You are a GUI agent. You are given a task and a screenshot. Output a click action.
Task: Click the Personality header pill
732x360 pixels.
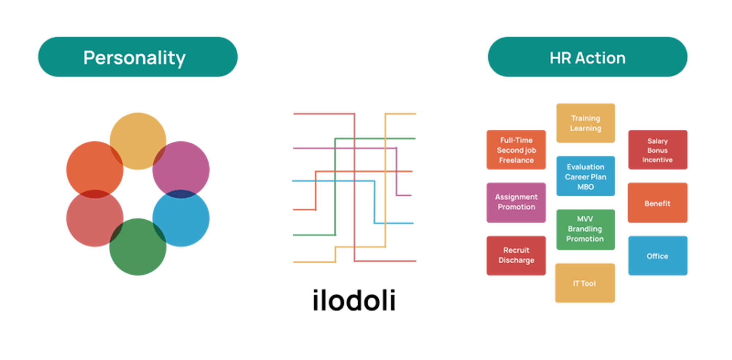click(x=138, y=57)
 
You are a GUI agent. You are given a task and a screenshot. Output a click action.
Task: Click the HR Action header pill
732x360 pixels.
click(x=587, y=57)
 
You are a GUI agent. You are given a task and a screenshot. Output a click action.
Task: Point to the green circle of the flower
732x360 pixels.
click(x=138, y=249)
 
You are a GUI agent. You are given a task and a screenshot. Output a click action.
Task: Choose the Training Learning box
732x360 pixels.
click(x=586, y=123)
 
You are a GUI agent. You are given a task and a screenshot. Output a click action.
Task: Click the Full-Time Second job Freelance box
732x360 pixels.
click(x=516, y=150)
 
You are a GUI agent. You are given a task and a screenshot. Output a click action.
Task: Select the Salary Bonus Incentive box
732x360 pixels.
click(x=658, y=150)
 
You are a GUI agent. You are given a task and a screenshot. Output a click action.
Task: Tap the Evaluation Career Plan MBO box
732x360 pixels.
click(x=586, y=177)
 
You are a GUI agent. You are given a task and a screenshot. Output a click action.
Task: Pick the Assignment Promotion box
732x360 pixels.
click(x=516, y=202)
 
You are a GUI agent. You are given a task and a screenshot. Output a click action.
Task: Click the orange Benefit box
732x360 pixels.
click(x=658, y=203)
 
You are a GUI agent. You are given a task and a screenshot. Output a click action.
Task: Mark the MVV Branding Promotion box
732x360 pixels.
click(x=585, y=229)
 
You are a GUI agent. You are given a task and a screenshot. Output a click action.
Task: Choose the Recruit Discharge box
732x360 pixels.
click(x=516, y=255)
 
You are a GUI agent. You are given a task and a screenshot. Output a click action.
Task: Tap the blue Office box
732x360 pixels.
click(x=658, y=256)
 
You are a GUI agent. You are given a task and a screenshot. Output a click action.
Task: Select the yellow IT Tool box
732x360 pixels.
click(x=585, y=283)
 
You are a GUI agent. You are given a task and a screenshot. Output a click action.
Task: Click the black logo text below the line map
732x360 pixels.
click(x=354, y=300)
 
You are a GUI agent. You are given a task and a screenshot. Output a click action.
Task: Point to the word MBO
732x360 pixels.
click(x=586, y=187)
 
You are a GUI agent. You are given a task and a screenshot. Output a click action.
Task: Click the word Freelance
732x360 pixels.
click(x=516, y=160)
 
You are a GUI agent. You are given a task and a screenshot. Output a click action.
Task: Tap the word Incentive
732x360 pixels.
click(x=657, y=160)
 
